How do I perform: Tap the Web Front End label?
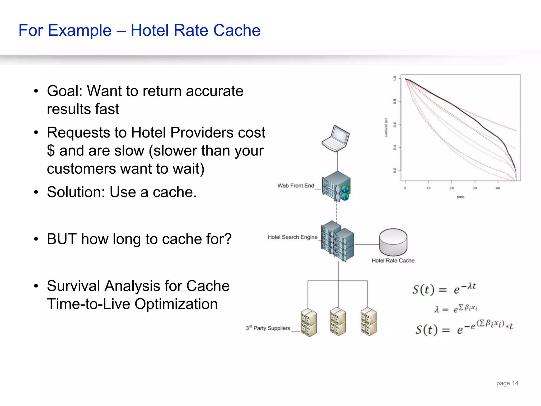(296, 186)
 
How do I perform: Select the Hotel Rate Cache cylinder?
(393, 242)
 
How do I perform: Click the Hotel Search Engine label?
(292, 237)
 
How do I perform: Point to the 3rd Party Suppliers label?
(268, 328)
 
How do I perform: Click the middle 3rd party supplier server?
(338, 321)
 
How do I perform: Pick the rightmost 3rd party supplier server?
(369, 321)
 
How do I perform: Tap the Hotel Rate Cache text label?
(393, 261)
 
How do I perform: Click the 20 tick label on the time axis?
(451, 188)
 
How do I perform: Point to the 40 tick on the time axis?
(498, 188)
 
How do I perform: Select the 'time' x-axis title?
(460, 197)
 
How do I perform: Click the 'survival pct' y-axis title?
(386, 127)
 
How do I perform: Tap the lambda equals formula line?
(455, 308)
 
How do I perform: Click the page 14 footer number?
(507, 383)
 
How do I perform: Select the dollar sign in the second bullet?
(51, 151)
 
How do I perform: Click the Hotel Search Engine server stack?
(337, 241)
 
